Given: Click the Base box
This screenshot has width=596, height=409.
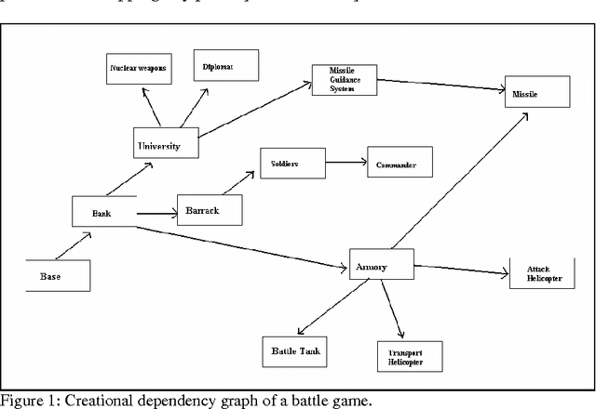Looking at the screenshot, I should pos(58,276).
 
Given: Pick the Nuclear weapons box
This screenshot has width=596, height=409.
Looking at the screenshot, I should pos(140,69).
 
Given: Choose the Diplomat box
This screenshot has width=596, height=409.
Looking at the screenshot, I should pos(220,66).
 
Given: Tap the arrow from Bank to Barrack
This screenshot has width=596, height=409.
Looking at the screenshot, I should pos(156,214).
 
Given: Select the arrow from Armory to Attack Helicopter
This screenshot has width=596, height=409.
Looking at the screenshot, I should pos(461,270).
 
